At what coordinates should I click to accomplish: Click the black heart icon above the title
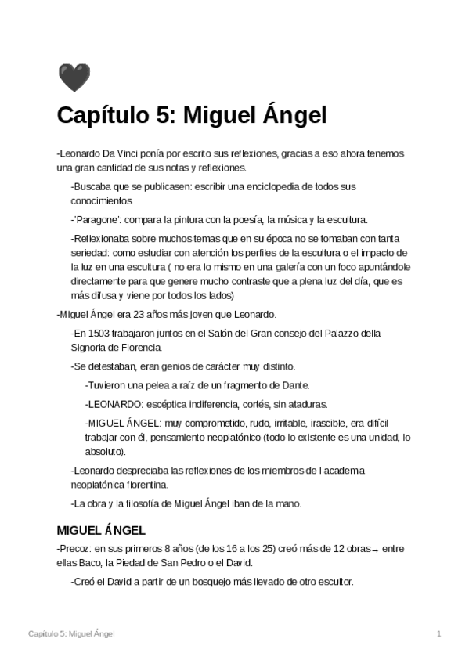[x=74, y=78]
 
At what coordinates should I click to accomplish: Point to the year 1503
[x=99, y=334]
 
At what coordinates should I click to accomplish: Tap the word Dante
[x=295, y=385]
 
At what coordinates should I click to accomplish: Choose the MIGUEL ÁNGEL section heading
[x=101, y=530]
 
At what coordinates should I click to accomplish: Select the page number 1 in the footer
[x=439, y=633]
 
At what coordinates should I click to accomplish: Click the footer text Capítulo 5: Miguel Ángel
[x=71, y=633]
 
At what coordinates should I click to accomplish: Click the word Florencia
[x=139, y=347]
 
